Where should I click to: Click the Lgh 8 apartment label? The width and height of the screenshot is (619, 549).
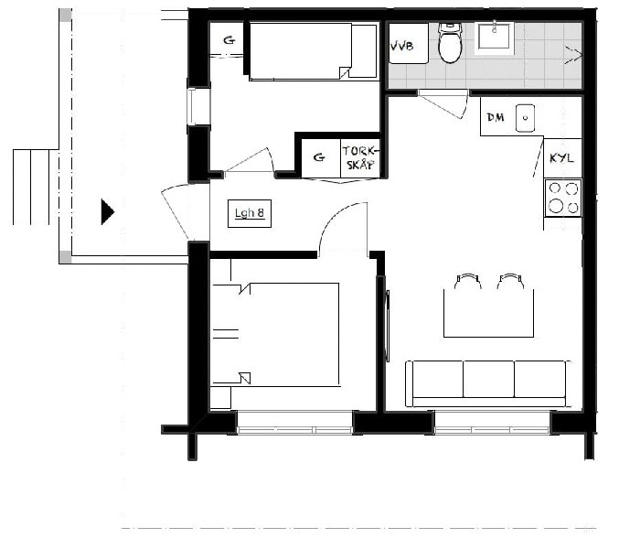[250, 213]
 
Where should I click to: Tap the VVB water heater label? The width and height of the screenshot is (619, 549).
[402, 47]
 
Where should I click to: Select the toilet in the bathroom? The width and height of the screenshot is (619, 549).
[450, 43]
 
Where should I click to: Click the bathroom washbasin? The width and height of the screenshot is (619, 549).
[495, 37]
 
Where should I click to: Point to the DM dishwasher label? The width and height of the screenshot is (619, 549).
[495, 117]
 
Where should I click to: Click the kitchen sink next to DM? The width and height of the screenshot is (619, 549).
[526, 118]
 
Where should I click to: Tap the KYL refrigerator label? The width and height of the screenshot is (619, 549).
[561, 158]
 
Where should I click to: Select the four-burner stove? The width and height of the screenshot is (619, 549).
[563, 198]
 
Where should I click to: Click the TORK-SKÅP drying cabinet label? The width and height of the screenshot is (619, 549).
[361, 158]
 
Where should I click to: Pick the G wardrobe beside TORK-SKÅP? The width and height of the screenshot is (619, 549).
[319, 157]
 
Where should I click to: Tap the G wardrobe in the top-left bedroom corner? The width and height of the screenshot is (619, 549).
[229, 40]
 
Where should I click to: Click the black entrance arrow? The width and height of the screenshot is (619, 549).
[107, 211]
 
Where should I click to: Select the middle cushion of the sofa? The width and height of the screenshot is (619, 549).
[489, 379]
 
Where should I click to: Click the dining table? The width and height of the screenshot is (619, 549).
[489, 313]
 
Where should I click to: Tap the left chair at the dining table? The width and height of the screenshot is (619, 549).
[468, 281]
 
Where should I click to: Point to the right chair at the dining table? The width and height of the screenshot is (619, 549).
[510, 281]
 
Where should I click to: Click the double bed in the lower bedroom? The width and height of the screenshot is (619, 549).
[276, 335]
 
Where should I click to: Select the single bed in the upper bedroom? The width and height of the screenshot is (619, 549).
[313, 51]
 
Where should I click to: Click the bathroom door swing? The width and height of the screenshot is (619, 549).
[443, 103]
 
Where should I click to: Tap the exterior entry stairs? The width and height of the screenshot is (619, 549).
[36, 187]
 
